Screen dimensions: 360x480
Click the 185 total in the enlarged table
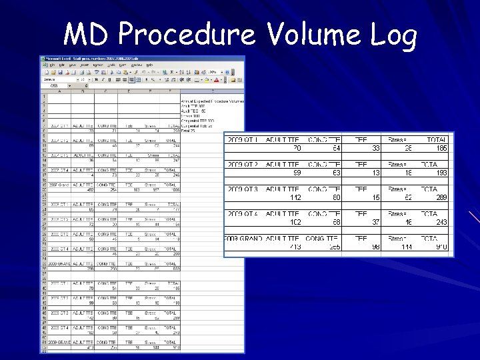441,149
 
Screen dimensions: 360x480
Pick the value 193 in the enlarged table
441,173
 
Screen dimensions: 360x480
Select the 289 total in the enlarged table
441,197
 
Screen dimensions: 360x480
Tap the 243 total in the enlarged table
441,222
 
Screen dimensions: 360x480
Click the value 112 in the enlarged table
293,197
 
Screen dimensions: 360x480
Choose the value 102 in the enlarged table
293,222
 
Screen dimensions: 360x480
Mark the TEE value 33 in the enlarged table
376,149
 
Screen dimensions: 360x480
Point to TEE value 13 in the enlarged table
376,173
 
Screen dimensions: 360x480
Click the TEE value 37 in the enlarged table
376,222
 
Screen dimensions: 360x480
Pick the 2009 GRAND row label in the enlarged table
243,238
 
